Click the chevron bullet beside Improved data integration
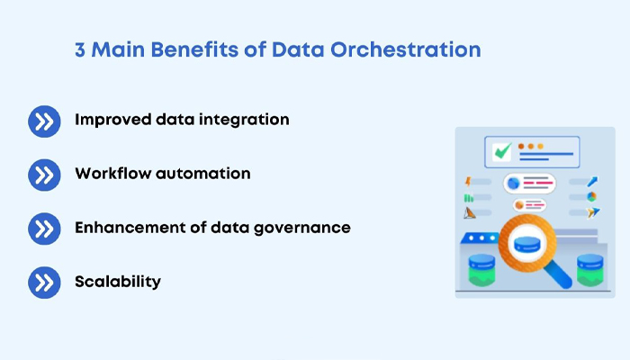tap(44, 121)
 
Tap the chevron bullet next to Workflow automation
tap(44, 175)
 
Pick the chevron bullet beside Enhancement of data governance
tap(44, 229)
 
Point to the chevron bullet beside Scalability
tap(44, 283)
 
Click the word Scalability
tap(118, 282)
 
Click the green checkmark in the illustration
tap(501, 150)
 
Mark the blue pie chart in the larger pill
tap(515, 183)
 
